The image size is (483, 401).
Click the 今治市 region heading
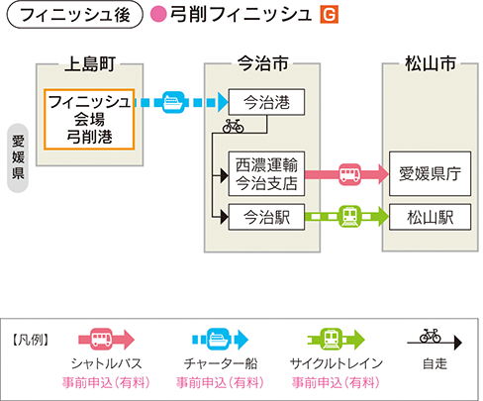click(x=264, y=65)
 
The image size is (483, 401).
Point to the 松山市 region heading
click(x=431, y=65)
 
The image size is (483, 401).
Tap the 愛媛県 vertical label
click(x=18, y=156)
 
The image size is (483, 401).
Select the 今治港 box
click(x=263, y=101)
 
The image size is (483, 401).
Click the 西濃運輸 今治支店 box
click(x=262, y=173)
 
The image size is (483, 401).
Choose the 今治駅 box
click(x=263, y=216)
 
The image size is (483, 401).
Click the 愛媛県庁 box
click(x=431, y=174)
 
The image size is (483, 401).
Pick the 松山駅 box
click(x=431, y=216)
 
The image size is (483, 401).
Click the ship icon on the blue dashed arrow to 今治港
click(x=173, y=100)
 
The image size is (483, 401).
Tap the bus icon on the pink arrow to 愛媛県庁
click(x=351, y=175)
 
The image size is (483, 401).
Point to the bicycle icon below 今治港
click(x=233, y=127)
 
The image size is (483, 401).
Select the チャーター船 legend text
click(x=218, y=363)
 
